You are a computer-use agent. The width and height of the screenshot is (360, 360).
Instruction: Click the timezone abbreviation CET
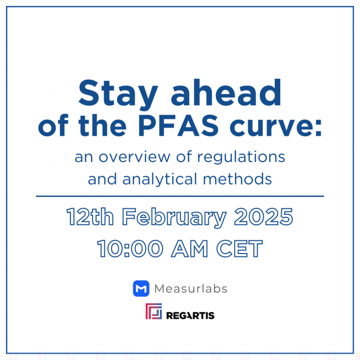pos(240,249)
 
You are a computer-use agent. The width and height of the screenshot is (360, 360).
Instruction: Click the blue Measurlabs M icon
pos(141,289)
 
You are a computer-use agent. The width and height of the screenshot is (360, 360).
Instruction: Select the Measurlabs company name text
pos(191,289)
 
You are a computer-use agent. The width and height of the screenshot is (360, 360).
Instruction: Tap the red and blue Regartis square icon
pos(154,312)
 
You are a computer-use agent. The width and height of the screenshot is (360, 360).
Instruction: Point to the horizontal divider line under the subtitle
pos(180,196)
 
